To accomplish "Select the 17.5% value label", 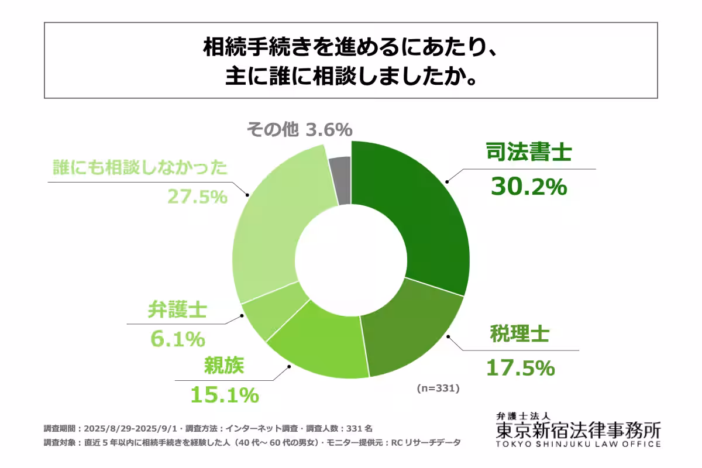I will click(x=520, y=368).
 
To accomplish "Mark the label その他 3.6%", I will click(x=298, y=129).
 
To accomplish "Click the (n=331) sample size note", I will click(x=438, y=388).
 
